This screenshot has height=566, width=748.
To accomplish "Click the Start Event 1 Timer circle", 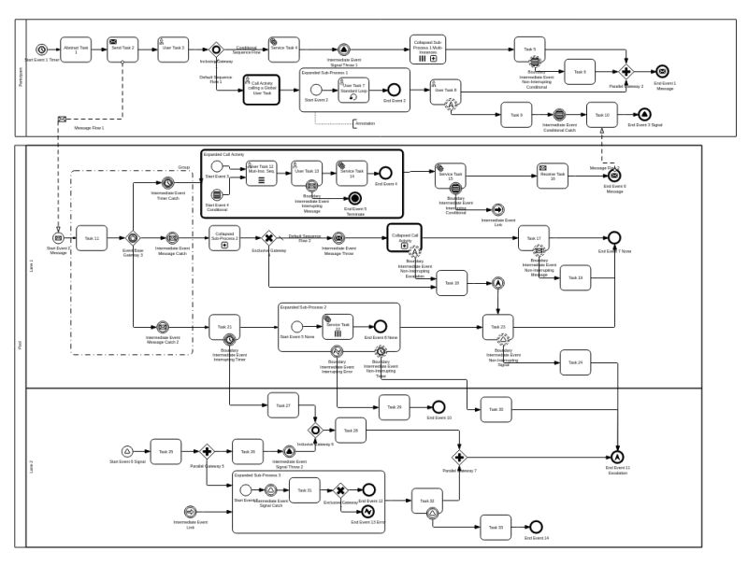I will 41,49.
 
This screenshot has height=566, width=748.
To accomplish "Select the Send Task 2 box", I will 122,49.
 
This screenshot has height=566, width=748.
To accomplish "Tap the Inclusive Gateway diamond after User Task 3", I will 215,50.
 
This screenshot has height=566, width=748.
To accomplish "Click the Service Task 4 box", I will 284,49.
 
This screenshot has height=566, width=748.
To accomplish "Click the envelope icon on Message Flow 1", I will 62,120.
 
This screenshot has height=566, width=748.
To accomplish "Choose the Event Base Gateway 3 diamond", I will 133,238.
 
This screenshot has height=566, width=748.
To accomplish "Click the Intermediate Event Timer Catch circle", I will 167,183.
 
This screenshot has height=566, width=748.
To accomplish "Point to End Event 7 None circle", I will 613,237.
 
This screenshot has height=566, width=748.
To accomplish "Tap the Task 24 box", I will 576,361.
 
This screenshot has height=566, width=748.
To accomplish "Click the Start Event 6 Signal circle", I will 127,451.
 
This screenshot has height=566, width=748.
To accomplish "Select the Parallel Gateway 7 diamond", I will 459,458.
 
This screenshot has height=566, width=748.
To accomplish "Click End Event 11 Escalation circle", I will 617,455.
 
